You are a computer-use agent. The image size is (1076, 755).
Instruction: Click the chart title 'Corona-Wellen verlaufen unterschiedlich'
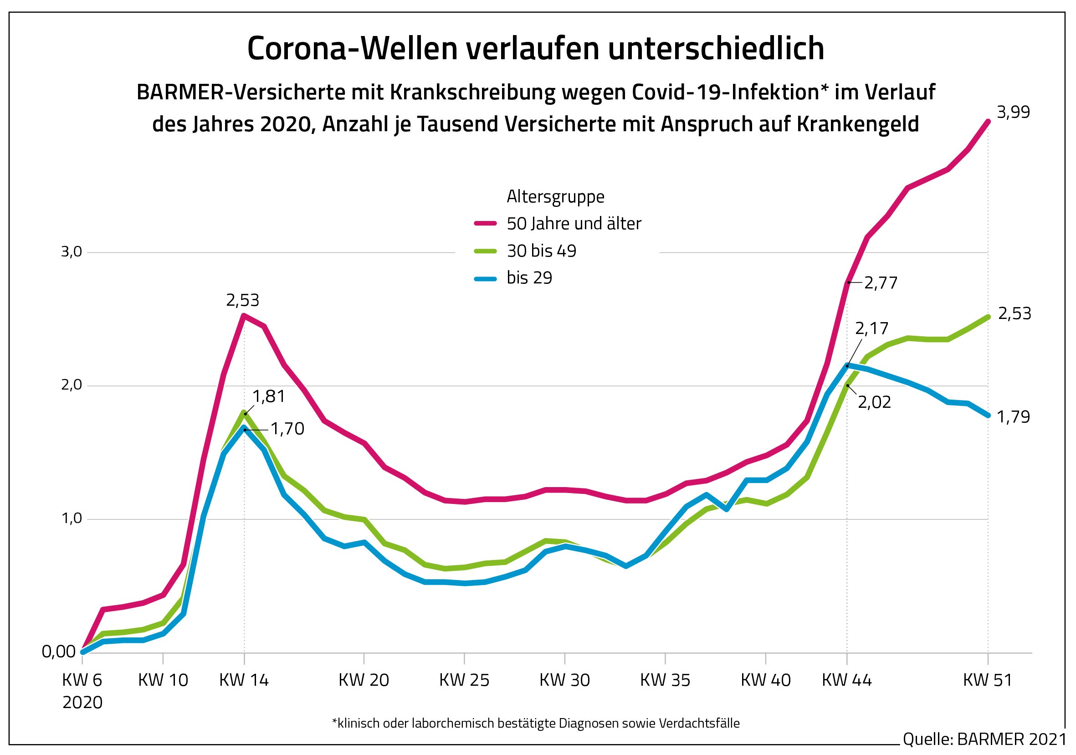pyautogui.click(x=535, y=49)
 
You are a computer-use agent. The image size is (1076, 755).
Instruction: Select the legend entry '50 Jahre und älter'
pyautogui.click(x=573, y=224)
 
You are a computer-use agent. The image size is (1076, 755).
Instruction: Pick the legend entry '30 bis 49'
pyautogui.click(x=541, y=251)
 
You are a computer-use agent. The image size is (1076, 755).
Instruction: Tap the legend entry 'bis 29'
pyautogui.click(x=529, y=278)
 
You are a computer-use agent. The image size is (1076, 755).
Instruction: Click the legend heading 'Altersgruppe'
pyautogui.click(x=555, y=197)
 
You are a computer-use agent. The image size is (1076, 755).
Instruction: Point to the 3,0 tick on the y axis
pyautogui.click(x=71, y=252)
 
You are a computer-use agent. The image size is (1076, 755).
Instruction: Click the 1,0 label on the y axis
pyautogui.click(x=71, y=519)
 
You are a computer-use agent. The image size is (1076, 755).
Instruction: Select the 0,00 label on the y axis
pyautogui.click(x=59, y=652)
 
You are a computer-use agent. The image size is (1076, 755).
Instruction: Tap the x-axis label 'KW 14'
pyautogui.click(x=244, y=680)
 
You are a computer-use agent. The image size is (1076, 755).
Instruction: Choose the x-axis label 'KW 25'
pyautogui.click(x=464, y=680)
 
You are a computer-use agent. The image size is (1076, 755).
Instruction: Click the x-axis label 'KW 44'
pyautogui.click(x=846, y=680)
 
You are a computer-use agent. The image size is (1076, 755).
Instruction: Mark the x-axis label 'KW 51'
pyautogui.click(x=988, y=680)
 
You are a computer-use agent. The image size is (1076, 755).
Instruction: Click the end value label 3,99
pyautogui.click(x=1013, y=113)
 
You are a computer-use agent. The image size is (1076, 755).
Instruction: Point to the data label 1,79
pyautogui.click(x=1013, y=417)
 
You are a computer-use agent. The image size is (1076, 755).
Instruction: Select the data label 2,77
pyautogui.click(x=881, y=283)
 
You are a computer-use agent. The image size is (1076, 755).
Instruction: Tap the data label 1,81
pyautogui.click(x=269, y=397)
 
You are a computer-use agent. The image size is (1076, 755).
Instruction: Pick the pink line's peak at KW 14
pyautogui.click(x=244, y=315)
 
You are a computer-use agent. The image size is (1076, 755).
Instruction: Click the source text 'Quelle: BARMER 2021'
pyautogui.click(x=984, y=740)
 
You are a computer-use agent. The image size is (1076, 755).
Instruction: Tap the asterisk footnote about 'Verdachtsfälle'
pyautogui.click(x=536, y=724)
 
